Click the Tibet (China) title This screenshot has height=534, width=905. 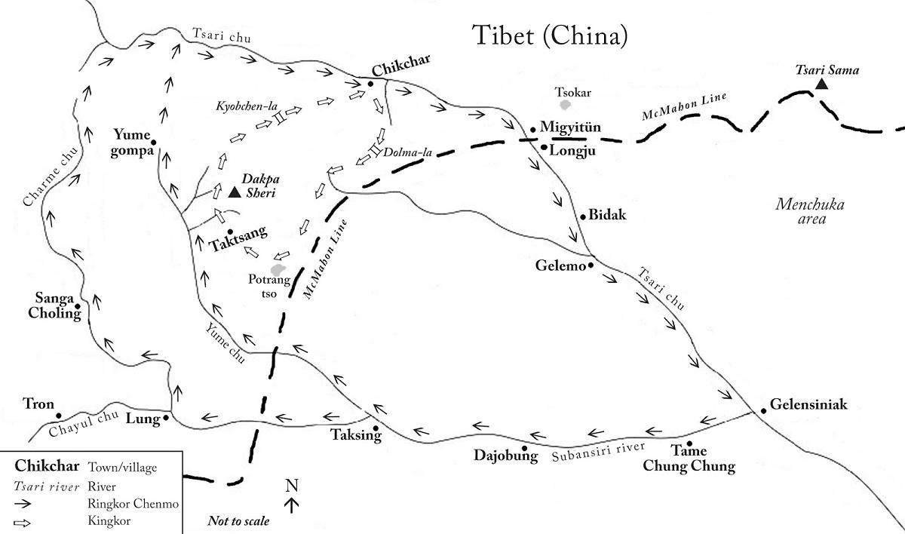pyautogui.click(x=550, y=35)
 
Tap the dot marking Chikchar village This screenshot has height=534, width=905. pyautogui.click(x=370, y=84)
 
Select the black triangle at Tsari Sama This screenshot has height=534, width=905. pyautogui.click(x=821, y=84)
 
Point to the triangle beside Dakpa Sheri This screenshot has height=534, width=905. pyautogui.click(x=235, y=192)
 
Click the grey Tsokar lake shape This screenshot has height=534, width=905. pyautogui.click(x=565, y=105)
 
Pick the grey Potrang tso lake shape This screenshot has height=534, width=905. pyautogui.click(x=278, y=269)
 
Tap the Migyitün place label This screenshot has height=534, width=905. pyautogui.click(x=570, y=127)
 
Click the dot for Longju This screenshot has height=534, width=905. pyautogui.click(x=545, y=147)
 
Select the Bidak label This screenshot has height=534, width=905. pyautogui.click(x=607, y=214)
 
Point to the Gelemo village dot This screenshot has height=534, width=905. pyautogui.click(x=591, y=265)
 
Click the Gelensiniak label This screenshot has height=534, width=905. pyautogui.click(x=808, y=404)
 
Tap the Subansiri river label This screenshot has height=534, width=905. pyautogui.click(x=598, y=452)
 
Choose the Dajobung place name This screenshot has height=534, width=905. pyautogui.click(x=506, y=456)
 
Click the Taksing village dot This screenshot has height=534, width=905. pyautogui.click(x=376, y=428)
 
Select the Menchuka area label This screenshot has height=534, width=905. pyautogui.click(x=810, y=212)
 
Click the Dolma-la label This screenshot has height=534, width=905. pyautogui.click(x=407, y=152)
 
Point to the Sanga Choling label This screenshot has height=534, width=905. pyautogui.click(x=54, y=305)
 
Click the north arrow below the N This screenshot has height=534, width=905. pyautogui.click(x=292, y=505)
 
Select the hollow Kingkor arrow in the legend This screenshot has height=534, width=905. pyautogui.click(x=22, y=523)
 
